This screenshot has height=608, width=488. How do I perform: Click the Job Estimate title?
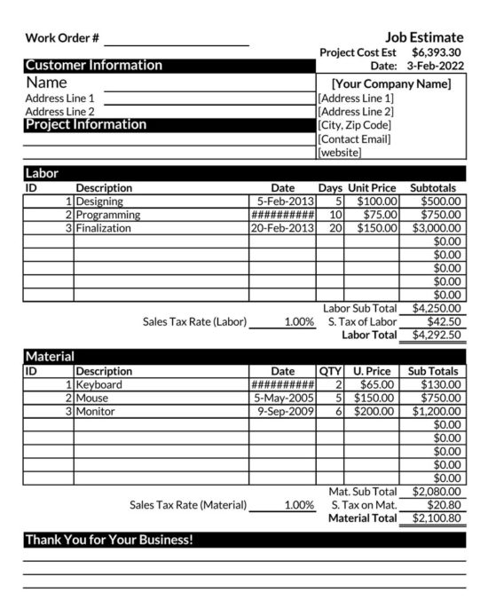point(424,37)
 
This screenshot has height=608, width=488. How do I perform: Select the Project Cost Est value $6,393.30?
point(437,52)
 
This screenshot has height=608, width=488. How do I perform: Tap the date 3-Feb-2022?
point(435,66)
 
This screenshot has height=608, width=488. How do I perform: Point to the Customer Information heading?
point(93,66)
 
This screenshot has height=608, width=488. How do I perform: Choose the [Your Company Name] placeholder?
point(391,83)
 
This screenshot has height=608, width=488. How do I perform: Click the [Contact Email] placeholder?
point(355,138)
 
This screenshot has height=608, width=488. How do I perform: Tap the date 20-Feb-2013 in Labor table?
point(282,228)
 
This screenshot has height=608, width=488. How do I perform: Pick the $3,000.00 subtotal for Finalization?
point(436,228)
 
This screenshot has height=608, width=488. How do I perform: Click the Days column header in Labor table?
point(330,188)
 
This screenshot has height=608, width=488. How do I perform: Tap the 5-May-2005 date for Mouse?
point(284,399)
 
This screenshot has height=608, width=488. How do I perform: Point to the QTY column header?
point(330,371)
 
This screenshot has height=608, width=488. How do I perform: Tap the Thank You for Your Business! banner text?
point(109,539)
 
